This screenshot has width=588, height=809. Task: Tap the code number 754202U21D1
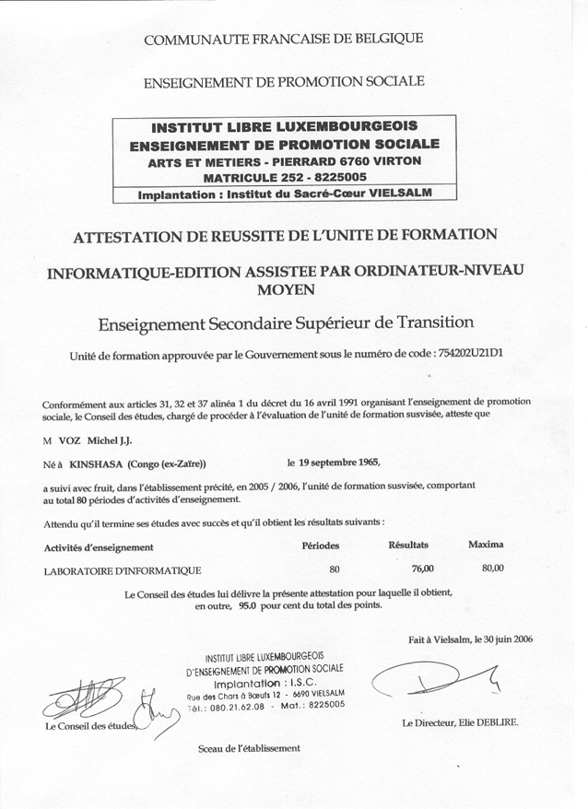point(470,354)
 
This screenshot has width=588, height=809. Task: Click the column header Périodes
point(321,545)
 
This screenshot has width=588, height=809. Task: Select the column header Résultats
point(408,545)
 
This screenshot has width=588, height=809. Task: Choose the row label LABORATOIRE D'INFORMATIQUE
point(123,570)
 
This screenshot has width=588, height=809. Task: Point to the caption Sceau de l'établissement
point(250,748)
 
